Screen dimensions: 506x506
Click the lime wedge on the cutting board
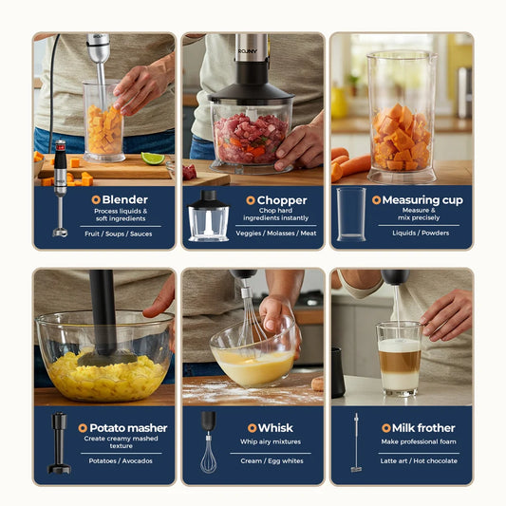tap(153, 159)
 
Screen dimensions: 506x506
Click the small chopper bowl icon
tap(208, 216)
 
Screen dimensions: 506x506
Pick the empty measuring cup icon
tap(349, 214)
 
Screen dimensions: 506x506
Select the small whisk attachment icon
tap(208, 441)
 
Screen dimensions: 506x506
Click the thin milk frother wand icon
tap(356, 442)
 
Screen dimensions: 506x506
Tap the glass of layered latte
tap(399, 358)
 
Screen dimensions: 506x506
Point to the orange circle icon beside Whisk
tap(252, 428)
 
